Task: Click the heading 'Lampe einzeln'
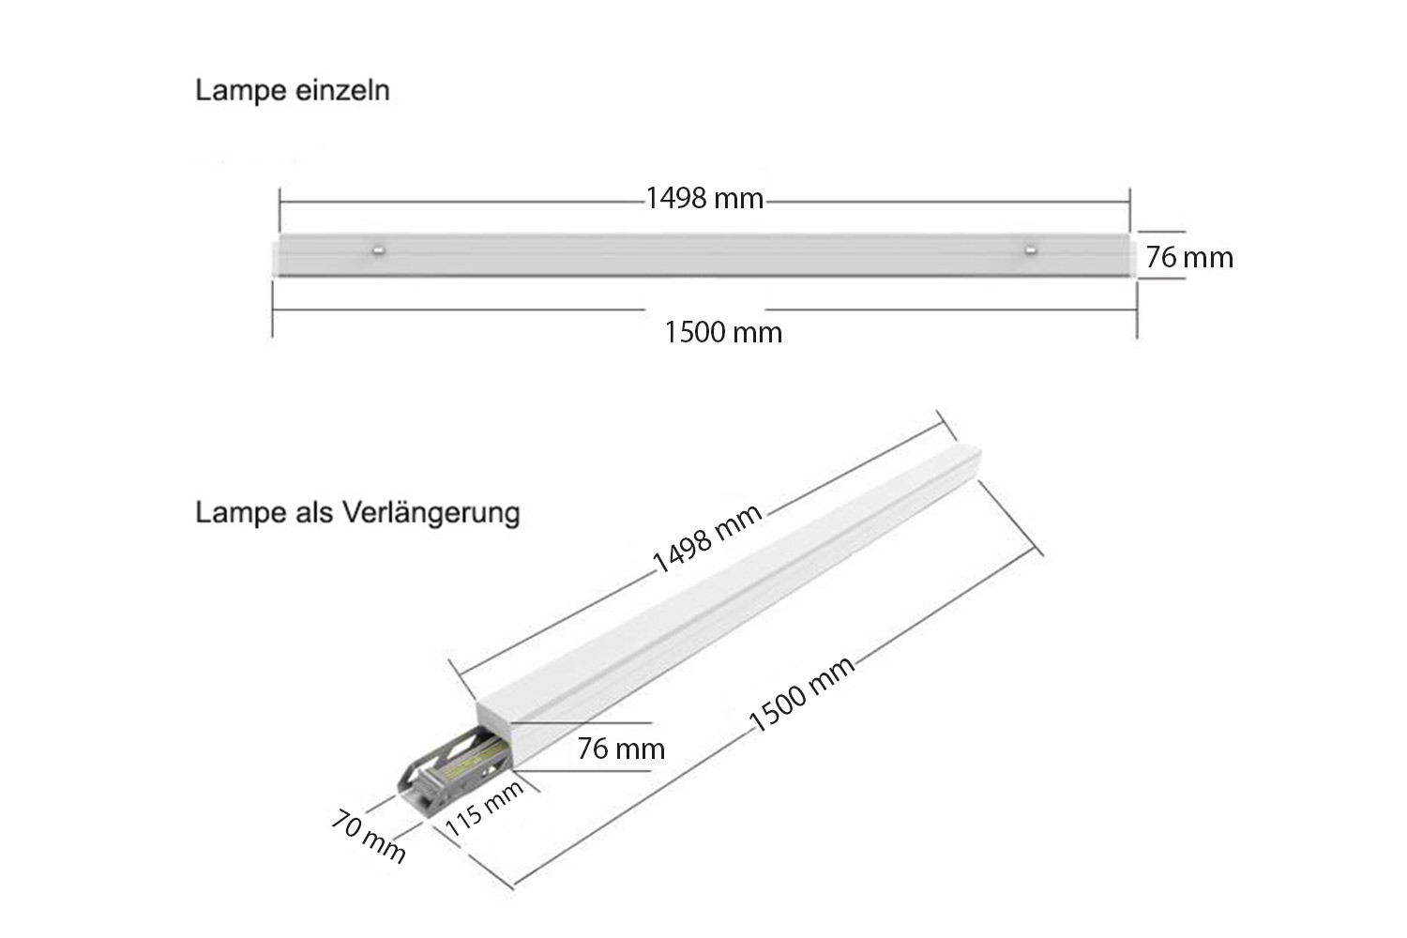pyautogui.click(x=293, y=91)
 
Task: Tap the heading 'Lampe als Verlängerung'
pyautogui.click(x=358, y=513)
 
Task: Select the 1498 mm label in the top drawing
pyautogui.click(x=704, y=199)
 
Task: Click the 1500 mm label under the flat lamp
pyautogui.click(x=723, y=332)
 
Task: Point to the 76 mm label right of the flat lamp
pyautogui.click(x=1189, y=258)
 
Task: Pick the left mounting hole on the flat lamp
pyautogui.click(x=378, y=250)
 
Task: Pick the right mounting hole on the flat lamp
pyautogui.click(x=1030, y=250)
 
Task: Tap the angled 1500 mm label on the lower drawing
pyautogui.click(x=802, y=693)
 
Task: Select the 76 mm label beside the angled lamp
pyautogui.click(x=621, y=749)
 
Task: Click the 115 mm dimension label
pyautogui.click(x=484, y=809)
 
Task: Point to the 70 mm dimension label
pyautogui.click(x=368, y=837)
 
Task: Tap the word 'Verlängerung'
pyautogui.click(x=431, y=513)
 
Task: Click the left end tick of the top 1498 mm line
pyautogui.click(x=280, y=203)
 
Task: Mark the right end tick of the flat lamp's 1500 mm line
pyautogui.click(x=1137, y=310)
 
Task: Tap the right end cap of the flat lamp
pyautogui.click(x=1133, y=255)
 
